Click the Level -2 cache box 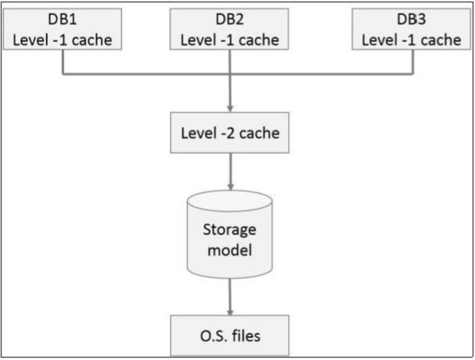pos(230,131)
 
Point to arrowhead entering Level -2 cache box pos(230,108)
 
